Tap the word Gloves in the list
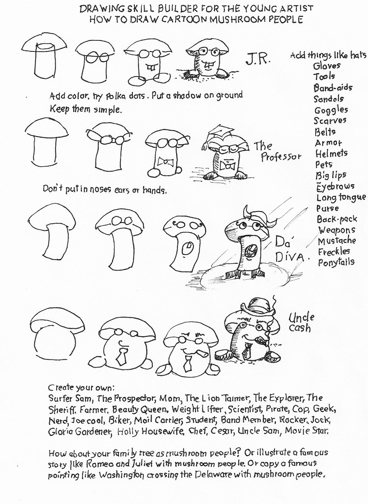point(327,66)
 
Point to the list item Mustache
point(337,241)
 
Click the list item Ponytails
point(336,262)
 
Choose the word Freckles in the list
point(334,251)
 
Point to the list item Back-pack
point(337,219)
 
